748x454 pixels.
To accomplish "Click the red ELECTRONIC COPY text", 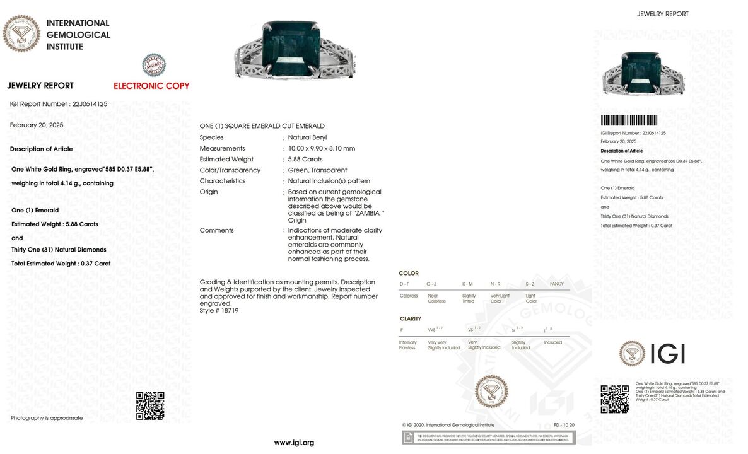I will coord(151,86).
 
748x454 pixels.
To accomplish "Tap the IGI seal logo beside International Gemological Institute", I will coord(21,33).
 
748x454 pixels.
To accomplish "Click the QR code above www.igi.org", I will coord(150,405).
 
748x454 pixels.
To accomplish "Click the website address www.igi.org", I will coord(293,443).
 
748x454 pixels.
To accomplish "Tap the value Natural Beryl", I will coord(307,137).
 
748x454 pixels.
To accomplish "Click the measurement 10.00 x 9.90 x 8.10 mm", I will coord(322,149).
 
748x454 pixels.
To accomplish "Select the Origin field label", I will coord(209,192).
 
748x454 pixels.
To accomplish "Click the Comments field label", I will coord(216,231).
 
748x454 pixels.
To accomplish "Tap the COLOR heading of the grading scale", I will coord(409,274).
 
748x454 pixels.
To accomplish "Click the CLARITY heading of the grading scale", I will coord(410,319).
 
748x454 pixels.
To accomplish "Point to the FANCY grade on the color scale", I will coord(557,284).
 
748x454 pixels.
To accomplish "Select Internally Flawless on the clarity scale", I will coord(407,345).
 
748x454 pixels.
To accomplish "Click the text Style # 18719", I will coord(219,311).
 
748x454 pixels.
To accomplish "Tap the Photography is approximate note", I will coord(47,418).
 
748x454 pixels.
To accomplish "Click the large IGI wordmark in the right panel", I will coord(667,354).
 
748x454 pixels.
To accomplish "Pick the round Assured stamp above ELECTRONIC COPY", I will coord(154,65).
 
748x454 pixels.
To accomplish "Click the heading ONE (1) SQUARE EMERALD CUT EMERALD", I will coord(262,126).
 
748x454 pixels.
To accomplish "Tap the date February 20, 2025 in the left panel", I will coord(37,125).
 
